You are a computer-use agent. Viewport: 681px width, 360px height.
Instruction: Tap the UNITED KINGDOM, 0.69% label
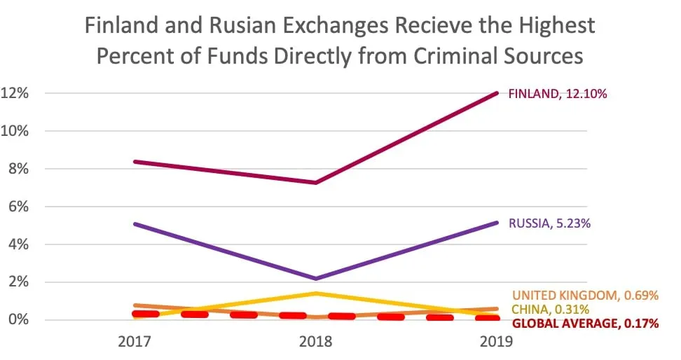[585, 296]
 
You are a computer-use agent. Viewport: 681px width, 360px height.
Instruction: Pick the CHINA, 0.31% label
[550, 310]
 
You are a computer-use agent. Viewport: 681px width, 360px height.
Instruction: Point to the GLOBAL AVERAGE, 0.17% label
[586, 324]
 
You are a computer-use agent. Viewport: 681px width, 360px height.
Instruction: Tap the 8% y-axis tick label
[18, 169]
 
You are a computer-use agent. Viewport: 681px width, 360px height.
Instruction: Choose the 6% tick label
[18, 207]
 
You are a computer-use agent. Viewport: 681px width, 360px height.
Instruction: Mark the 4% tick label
[18, 244]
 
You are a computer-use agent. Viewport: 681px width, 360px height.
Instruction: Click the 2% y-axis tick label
[18, 282]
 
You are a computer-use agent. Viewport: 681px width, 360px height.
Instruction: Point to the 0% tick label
[18, 320]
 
